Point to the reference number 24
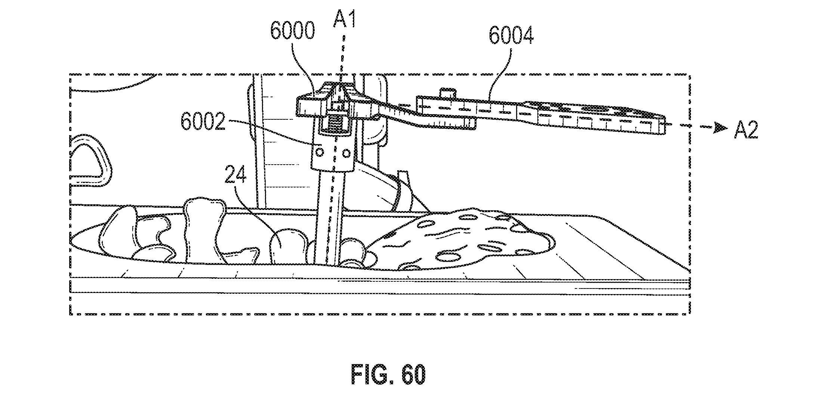coord(235,175)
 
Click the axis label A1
coord(344,16)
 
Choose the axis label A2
coord(746,131)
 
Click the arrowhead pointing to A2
coord(720,128)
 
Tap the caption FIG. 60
coord(388,374)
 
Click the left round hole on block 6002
coord(320,152)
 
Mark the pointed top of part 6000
coord(339,84)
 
